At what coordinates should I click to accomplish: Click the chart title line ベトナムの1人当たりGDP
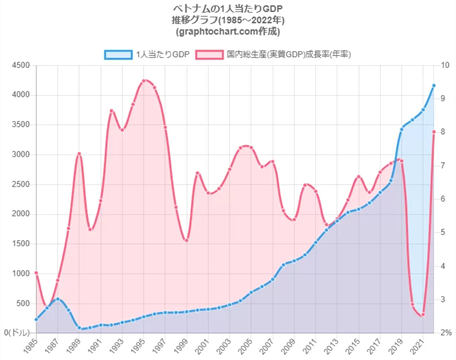(x=228, y=7)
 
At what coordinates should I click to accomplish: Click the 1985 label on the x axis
(x=31, y=346)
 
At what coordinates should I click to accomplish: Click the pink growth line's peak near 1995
(x=146, y=80)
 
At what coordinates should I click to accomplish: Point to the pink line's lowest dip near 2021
(x=423, y=315)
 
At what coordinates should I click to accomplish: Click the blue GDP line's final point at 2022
(x=434, y=86)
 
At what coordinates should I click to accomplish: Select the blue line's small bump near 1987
(x=58, y=298)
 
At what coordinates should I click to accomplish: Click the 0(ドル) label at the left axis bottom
(x=17, y=332)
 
